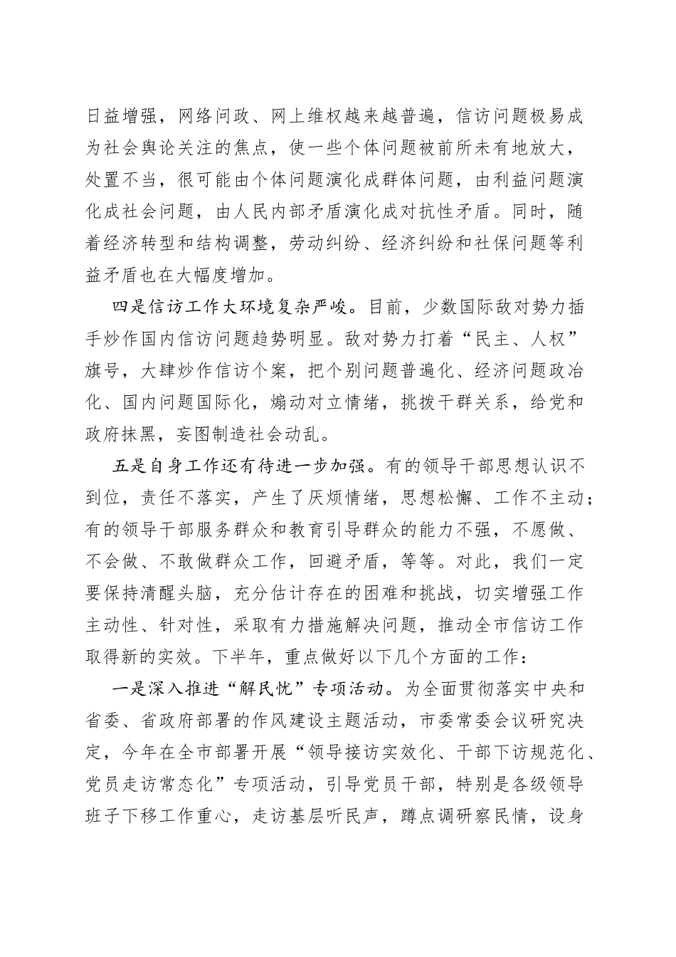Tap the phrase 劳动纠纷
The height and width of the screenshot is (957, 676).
pyautogui.click(x=327, y=249)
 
